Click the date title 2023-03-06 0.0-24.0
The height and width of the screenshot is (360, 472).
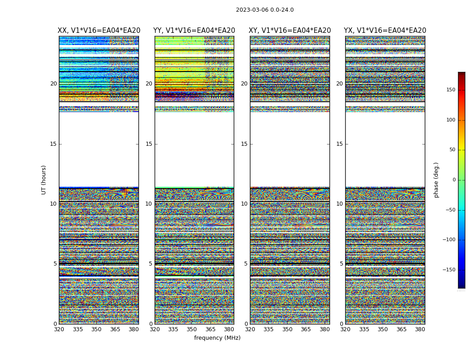coord(265,10)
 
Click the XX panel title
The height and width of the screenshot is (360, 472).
coord(99,31)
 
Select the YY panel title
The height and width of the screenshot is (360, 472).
coord(194,31)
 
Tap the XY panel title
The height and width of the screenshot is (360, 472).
coord(290,31)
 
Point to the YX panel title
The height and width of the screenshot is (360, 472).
coord(385,31)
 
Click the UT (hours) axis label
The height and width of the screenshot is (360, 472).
coord(44,180)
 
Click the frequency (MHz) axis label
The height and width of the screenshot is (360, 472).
coord(217,338)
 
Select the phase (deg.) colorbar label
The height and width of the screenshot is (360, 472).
coord(436,180)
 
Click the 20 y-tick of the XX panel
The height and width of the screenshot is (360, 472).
coord(53,84)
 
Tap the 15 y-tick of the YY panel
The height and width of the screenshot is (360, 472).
coord(149,144)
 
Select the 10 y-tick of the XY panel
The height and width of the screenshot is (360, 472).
coord(244,204)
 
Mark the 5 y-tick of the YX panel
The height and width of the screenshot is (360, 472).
coord(341,264)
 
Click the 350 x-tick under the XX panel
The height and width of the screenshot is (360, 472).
coord(96,329)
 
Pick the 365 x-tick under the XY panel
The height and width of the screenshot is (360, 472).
coord(306,329)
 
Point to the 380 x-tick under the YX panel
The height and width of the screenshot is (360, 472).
coord(420,329)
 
